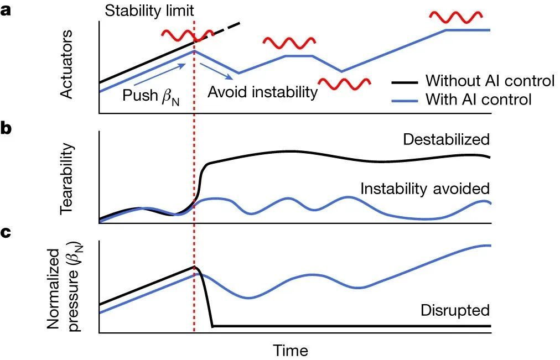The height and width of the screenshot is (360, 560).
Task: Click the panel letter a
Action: point(7,12)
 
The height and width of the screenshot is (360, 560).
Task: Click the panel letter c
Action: point(7,233)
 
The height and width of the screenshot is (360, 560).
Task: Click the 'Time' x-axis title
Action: point(290,350)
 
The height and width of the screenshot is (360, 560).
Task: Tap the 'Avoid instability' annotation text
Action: point(262,91)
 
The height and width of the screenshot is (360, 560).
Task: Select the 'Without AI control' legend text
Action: point(490,81)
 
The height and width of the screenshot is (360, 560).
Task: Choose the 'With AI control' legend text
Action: point(478,100)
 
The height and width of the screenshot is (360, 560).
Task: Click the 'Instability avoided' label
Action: point(425,189)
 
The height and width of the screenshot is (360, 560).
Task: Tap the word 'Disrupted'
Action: point(455,310)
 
